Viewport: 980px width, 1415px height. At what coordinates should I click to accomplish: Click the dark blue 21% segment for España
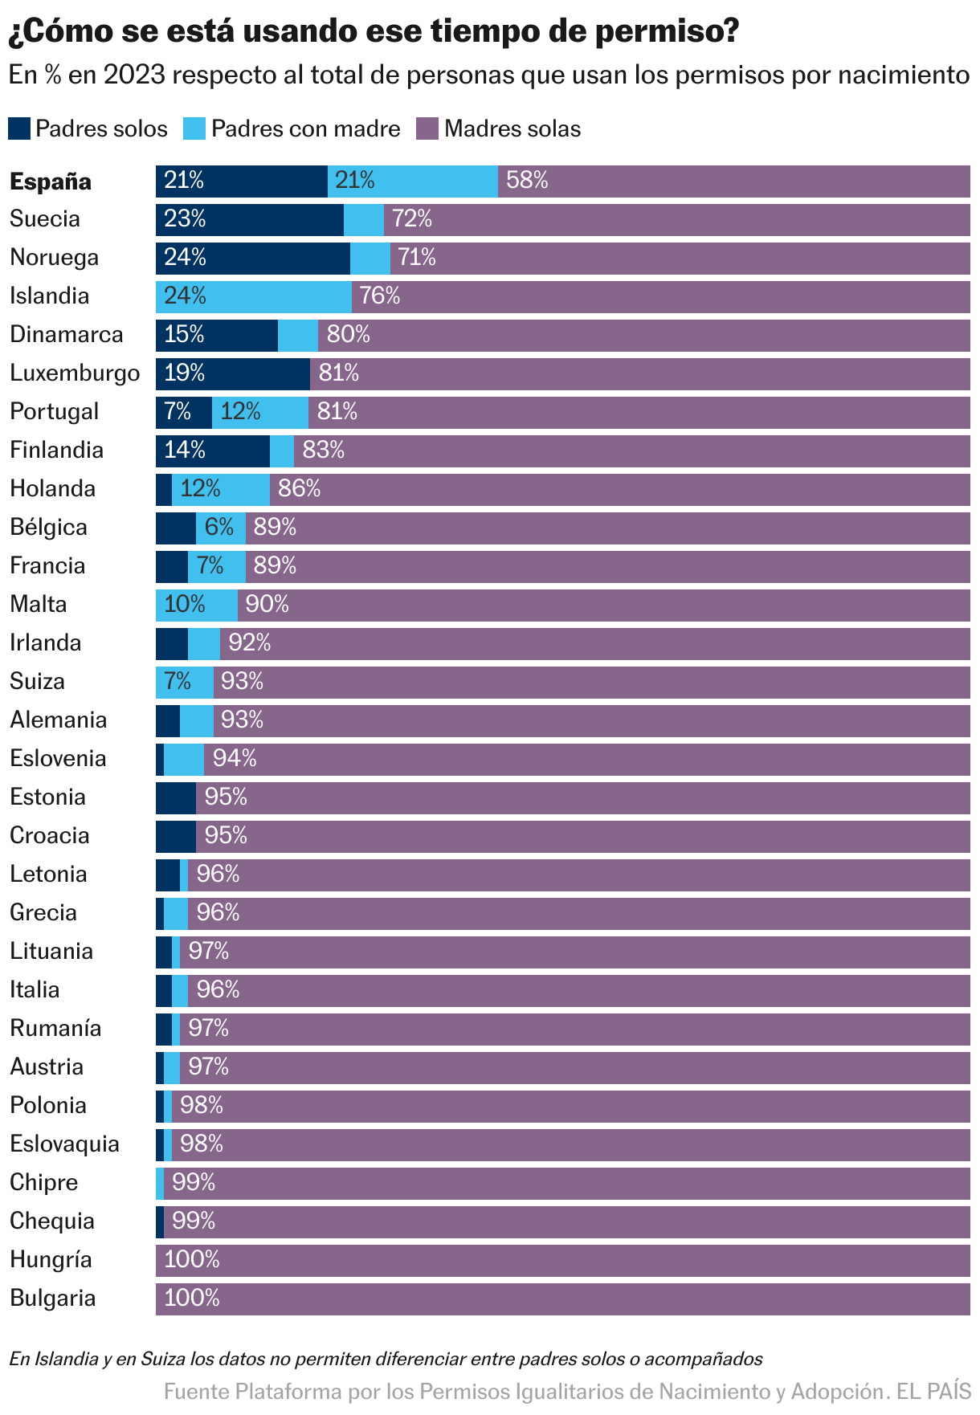pyautogui.click(x=241, y=181)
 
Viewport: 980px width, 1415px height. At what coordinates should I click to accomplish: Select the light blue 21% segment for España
pyautogui.click(x=413, y=181)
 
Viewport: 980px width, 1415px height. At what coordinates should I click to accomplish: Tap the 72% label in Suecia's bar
pyautogui.click(x=412, y=219)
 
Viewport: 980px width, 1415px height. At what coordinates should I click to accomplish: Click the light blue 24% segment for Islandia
pyautogui.click(x=254, y=296)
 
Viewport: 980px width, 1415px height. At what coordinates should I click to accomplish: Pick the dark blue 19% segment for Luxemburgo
pyautogui.click(x=233, y=373)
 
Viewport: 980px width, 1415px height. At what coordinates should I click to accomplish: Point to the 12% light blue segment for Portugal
pyautogui.click(x=260, y=412)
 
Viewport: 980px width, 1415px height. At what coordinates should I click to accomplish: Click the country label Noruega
pyautogui.click(x=54, y=258)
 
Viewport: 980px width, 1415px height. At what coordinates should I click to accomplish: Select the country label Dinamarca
pyautogui.click(x=66, y=335)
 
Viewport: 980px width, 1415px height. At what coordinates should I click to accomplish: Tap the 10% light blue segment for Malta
pyautogui.click(x=197, y=605)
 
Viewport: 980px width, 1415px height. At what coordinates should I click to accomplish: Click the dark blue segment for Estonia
pyautogui.click(x=176, y=797)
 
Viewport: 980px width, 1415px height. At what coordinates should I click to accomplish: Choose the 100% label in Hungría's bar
pyautogui.click(x=192, y=1260)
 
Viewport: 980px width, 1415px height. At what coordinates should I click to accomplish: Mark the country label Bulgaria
pyautogui.click(x=52, y=1299)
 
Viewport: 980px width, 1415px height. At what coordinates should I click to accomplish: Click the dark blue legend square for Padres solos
pyautogui.click(x=19, y=128)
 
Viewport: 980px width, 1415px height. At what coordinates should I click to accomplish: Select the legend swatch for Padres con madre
pyautogui.click(x=194, y=128)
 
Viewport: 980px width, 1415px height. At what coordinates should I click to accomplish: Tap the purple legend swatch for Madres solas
pyautogui.click(x=427, y=128)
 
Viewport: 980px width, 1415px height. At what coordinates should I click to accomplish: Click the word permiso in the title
pyautogui.click(x=660, y=32)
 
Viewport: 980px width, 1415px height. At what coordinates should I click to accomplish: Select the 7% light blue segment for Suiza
pyautogui.click(x=185, y=682)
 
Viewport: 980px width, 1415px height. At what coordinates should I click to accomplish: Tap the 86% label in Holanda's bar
pyautogui.click(x=299, y=489)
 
